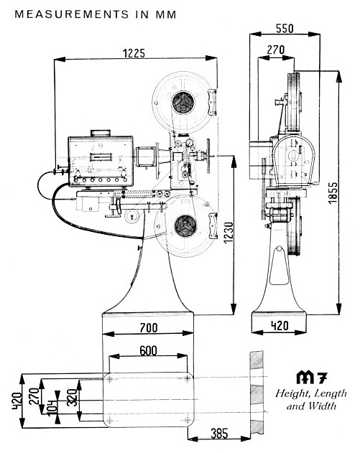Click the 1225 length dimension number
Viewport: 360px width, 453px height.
pyautogui.click(x=134, y=53)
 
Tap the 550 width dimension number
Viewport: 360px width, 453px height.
pyautogui.click(x=285, y=29)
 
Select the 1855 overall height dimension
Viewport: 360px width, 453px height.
pyautogui.click(x=333, y=192)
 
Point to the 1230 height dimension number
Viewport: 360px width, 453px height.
pyautogui.click(x=229, y=233)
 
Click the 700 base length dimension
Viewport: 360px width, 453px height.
pyautogui.click(x=149, y=328)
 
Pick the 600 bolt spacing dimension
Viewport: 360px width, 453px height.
pyautogui.click(x=148, y=351)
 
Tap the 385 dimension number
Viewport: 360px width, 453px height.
pyautogui.click(x=219, y=434)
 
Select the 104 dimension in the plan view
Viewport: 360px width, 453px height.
pyautogui.click(x=52, y=408)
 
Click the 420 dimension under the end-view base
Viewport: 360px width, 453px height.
pyautogui.click(x=280, y=326)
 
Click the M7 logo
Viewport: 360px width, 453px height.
pyautogui.click(x=312, y=378)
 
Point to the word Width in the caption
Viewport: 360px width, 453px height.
pyautogui.click(x=324, y=406)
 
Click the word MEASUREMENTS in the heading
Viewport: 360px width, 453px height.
pyautogui.click(x=71, y=14)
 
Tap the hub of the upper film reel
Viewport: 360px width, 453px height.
pyautogui.click(x=183, y=102)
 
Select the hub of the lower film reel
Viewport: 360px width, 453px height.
pyautogui.click(x=185, y=226)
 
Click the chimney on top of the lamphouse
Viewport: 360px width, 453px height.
pyautogui.click(x=101, y=134)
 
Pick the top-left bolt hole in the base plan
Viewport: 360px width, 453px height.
pyautogui.click(x=110, y=379)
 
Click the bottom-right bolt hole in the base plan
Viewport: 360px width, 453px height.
pyautogui.click(x=188, y=420)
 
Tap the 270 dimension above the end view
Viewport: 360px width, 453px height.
pyautogui.click(x=275, y=50)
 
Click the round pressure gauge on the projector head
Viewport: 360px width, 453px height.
pyautogui.click(x=190, y=143)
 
